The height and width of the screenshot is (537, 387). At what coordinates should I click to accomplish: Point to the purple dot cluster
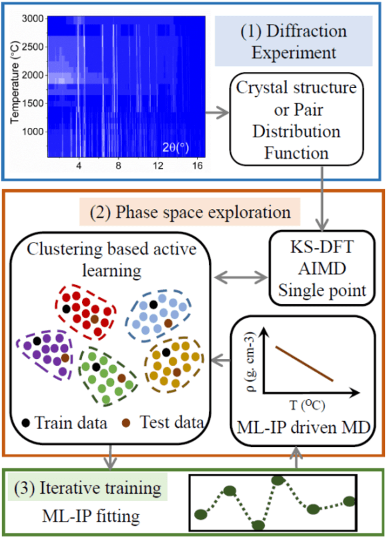(x=45, y=352)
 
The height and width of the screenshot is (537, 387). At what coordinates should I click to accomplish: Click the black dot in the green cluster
(x=97, y=366)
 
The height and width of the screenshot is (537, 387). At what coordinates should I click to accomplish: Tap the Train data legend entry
(x=63, y=422)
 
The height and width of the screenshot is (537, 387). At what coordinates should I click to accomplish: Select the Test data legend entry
(x=164, y=422)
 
